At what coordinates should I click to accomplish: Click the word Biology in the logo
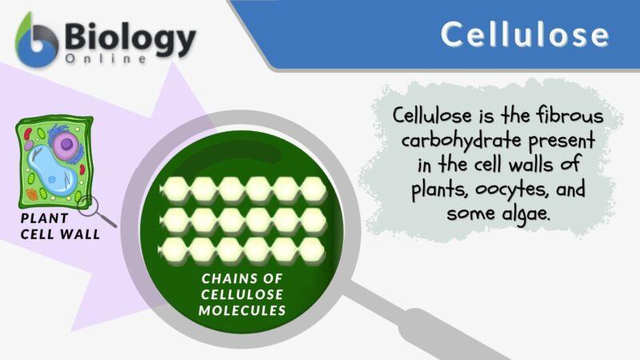[x=130, y=38]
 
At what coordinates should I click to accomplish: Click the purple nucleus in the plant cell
[x=66, y=145]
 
